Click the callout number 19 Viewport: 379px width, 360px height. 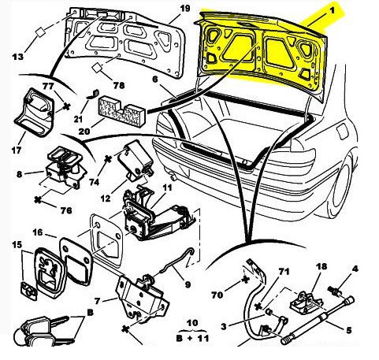(x=185, y=9)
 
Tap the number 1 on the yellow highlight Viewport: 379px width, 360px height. (x=332, y=11)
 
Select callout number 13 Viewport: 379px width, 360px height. (x=17, y=57)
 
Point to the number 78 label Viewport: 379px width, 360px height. (x=119, y=85)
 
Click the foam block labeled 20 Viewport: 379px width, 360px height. (x=122, y=112)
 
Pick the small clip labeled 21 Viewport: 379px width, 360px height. (x=93, y=94)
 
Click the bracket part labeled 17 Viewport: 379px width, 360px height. (x=34, y=113)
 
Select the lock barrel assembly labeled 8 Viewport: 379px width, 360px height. (x=65, y=169)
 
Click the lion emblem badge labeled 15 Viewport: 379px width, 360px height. (x=50, y=273)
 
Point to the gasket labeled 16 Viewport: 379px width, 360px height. (x=76, y=261)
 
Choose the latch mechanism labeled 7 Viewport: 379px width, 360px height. (x=142, y=297)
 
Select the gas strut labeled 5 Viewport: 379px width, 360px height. (x=318, y=320)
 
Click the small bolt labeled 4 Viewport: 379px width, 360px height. (x=334, y=291)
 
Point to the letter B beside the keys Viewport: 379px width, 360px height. (x=90, y=313)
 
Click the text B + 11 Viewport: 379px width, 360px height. (x=192, y=338)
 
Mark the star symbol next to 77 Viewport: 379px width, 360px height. (x=67, y=106)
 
